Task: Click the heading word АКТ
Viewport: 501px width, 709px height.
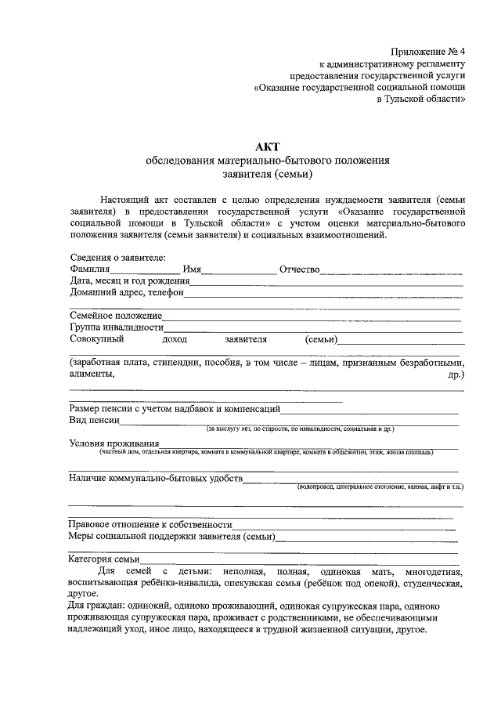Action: tap(267, 146)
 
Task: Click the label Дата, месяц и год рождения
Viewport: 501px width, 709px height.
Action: tap(130, 281)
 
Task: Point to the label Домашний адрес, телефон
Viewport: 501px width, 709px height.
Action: tap(126, 293)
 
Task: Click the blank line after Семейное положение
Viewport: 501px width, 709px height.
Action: tap(312, 317)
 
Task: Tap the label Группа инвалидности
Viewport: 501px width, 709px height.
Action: tap(116, 327)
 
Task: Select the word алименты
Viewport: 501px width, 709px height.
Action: tap(92, 374)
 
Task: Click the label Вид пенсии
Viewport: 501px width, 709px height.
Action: tap(94, 421)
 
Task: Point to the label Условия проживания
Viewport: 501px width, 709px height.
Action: tap(114, 444)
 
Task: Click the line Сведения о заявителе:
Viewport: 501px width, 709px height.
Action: tap(117, 258)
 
